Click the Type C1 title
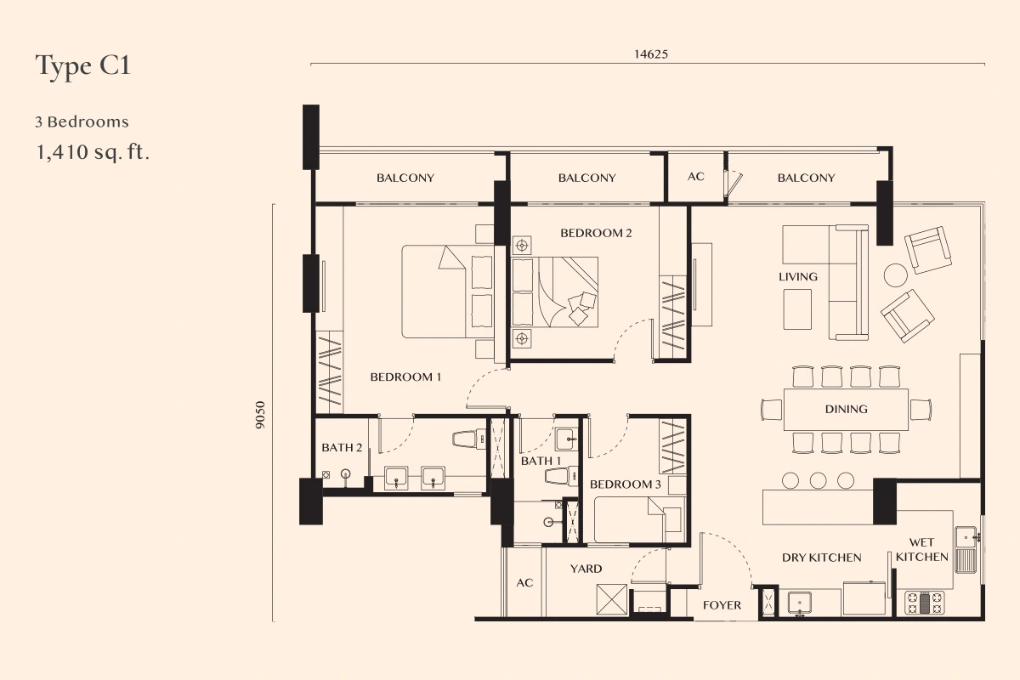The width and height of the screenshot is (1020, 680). [x=83, y=66]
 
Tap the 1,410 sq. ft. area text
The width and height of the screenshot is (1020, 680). [x=93, y=152]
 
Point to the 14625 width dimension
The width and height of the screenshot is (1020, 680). [x=651, y=54]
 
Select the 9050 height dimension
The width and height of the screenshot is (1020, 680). [x=260, y=415]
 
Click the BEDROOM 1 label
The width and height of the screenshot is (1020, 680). [x=405, y=377]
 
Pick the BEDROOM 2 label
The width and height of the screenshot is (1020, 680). [x=596, y=233]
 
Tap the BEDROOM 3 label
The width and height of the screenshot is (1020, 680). [x=626, y=484]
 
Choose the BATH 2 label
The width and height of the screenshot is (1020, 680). [x=342, y=448]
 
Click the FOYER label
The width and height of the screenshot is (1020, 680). [x=722, y=605]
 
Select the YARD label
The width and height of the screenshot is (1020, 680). [x=586, y=569]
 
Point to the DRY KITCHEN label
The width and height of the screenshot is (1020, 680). [x=821, y=558]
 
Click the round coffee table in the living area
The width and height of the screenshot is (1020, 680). [x=896, y=275]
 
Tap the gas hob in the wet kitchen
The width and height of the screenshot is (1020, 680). [x=925, y=602]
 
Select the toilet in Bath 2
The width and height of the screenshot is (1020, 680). [x=469, y=439]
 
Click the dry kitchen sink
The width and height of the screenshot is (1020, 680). [x=799, y=604]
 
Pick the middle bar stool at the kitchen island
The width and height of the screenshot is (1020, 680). [x=818, y=480]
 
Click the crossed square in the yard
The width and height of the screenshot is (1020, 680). [x=611, y=599]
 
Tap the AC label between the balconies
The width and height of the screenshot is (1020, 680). [x=696, y=177]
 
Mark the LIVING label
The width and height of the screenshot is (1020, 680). [x=798, y=276]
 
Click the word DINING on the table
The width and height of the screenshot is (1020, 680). [x=846, y=409]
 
